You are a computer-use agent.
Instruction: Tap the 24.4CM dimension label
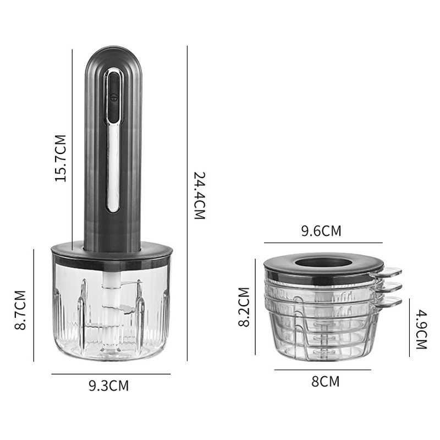(x=199, y=195)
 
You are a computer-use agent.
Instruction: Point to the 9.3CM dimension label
(x=108, y=386)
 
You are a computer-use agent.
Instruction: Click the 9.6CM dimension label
(x=321, y=231)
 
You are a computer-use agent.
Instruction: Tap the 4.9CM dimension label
(x=421, y=329)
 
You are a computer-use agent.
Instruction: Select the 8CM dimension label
(x=326, y=381)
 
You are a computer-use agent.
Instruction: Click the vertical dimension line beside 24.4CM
(x=187, y=204)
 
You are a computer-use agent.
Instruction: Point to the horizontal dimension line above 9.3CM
(x=111, y=374)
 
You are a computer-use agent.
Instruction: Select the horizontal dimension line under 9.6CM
(x=323, y=243)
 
